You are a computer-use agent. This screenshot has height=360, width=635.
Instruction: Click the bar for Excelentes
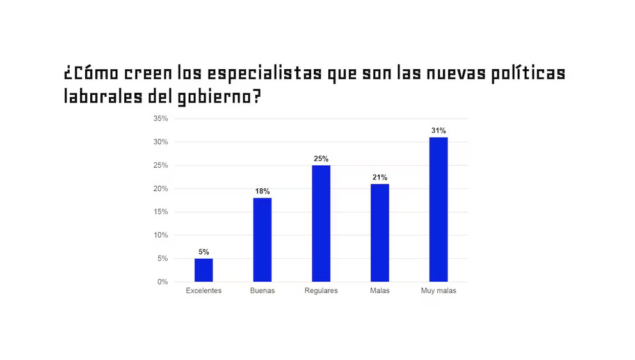[204, 270]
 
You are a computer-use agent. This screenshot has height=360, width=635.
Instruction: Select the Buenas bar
[262, 240]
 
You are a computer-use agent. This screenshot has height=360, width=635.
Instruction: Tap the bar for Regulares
[321, 224]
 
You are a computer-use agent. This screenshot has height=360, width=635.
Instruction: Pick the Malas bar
[380, 233]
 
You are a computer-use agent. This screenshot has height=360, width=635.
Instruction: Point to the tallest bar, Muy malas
[438, 209]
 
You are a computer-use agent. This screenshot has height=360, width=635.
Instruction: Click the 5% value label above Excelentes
[204, 252]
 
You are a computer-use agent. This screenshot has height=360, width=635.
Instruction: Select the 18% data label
[262, 191]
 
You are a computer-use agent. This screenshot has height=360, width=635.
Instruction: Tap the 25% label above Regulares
[321, 158]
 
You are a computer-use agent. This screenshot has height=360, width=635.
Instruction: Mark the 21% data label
[380, 177]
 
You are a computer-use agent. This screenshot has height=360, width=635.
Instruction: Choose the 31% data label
[438, 131]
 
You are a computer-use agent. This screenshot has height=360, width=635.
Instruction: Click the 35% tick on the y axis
[161, 119]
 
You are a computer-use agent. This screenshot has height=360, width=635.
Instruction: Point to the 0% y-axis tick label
[163, 282]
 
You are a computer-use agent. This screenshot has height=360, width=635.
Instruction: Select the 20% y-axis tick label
[161, 188]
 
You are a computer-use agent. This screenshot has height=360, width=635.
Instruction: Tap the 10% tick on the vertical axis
[161, 235]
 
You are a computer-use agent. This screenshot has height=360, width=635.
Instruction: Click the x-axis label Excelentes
[204, 291]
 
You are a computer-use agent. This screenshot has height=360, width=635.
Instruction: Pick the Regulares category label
[321, 291]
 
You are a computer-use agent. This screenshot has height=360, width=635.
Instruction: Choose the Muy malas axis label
[438, 291]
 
